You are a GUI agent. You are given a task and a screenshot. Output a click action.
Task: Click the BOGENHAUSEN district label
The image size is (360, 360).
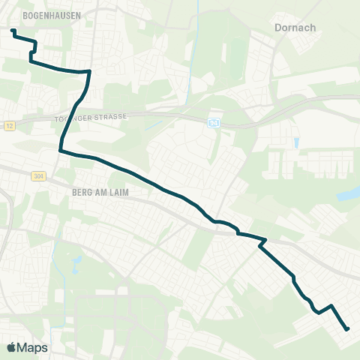(32, 14)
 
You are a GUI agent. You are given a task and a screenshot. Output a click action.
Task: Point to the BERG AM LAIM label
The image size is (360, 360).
(100, 192)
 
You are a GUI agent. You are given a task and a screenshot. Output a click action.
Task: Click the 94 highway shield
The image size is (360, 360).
(214, 121)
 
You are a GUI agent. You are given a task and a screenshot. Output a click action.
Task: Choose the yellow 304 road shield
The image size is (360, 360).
(38, 176)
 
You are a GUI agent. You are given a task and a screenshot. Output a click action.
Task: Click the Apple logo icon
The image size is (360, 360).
(12, 347)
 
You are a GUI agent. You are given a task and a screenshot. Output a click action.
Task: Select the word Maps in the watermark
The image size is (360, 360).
(33, 347)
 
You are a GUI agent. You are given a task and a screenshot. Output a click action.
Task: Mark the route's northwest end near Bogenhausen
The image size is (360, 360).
(13, 31)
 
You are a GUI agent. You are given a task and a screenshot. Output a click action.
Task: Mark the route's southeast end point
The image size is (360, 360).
(347, 328)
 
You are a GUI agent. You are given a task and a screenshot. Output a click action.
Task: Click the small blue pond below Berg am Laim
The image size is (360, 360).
(76, 263)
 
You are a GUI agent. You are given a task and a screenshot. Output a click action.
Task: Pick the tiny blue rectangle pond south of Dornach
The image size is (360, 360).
(298, 142)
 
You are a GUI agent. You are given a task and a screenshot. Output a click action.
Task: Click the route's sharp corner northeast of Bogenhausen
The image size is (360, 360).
(89, 72)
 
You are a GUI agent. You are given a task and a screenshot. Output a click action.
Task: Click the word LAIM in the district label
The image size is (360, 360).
(120, 192)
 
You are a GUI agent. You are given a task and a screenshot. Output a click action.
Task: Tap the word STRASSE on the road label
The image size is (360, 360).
(115, 117)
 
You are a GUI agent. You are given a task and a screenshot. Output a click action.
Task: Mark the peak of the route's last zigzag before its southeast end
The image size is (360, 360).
(331, 306)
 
